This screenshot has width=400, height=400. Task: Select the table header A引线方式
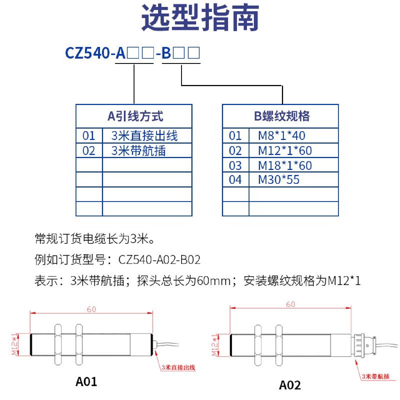click(x=135, y=116)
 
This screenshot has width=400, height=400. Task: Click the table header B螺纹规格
click(x=282, y=116)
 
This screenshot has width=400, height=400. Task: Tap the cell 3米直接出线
click(x=144, y=136)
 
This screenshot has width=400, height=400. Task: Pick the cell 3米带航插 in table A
click(x=138, y=151)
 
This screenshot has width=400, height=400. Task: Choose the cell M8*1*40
click(x=281, y=136)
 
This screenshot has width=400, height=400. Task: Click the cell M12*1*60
click(x=285, y=151)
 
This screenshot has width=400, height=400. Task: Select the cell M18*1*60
click(x=285, y=166)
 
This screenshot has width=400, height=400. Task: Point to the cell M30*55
click(x=279, y=180)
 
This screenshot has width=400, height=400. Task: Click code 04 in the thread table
click(x=235, y=180)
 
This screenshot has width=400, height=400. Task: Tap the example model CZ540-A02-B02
click(x=159, y=260)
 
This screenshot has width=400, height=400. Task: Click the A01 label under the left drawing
click(x=86, y=382)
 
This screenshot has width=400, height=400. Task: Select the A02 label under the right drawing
click(x=290, y=385)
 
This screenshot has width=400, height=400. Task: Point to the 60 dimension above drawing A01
click(x=91, y=309)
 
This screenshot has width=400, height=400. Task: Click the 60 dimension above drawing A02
click(x=290, y=304)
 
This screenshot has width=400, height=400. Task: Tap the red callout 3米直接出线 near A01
click(x=178, y=367)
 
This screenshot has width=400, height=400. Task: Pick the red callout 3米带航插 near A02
click(x=376, y=376)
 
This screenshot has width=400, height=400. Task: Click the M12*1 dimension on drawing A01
click(x=15, y=344)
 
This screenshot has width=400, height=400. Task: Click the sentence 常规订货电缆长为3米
click(x=94, y=239)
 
